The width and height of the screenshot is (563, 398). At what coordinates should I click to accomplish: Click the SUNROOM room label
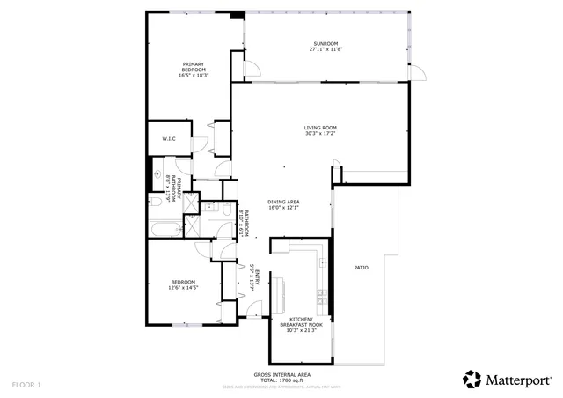pyautogui.click(x=325, y=44)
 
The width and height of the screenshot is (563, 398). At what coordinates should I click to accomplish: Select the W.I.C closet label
pyautogui.click(x=169, y=139)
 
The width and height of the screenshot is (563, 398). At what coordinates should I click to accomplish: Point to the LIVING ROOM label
pyautogui.click(x=321, y=128)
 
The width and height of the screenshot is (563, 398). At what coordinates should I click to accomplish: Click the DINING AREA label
pyautogui.click(x=283, y=202)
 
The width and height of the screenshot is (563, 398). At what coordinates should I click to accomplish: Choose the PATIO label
pyautogui.click(x=361, y=268)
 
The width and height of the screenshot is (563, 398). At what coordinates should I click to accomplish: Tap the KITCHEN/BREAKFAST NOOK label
pyautogui.click(x=301, y=322)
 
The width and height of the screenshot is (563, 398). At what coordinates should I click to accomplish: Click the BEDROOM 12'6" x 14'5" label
pyautogui.click(x=183, y=282)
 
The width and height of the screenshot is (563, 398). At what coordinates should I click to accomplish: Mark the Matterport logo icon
pyautogui.click(x=472, y=379)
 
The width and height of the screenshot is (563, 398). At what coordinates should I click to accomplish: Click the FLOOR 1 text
pyautogui.click(x=26, y=385)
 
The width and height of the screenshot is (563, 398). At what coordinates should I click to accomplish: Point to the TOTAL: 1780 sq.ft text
pyautogui.click(x=281, y=380)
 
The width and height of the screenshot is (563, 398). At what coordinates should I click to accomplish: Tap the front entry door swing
pyautogui.click(x=254, y=308)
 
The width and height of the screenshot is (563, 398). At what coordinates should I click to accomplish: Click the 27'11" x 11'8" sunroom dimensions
pyautogui.click(x=325, y=49)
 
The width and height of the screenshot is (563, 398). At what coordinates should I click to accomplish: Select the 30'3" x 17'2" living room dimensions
pyautogui.click(x=321, y=133)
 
